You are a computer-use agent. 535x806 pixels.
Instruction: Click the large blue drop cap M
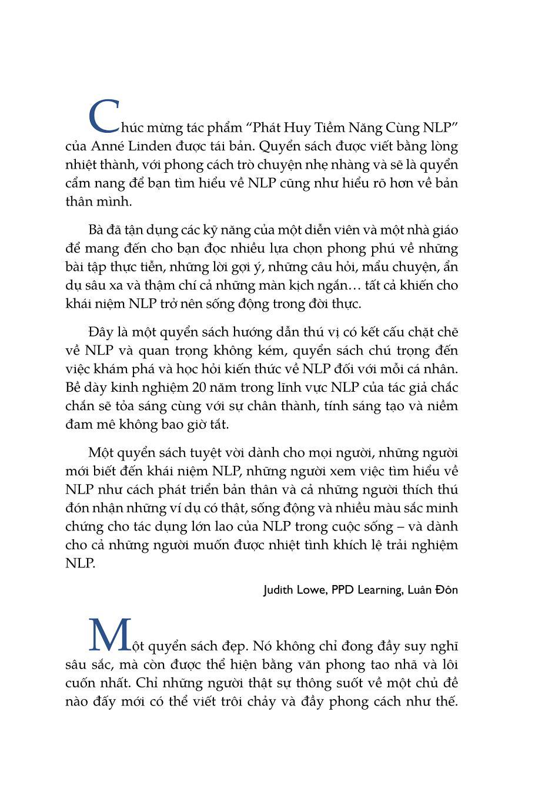(109, 635)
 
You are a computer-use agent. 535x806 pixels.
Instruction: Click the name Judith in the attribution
(280, 590)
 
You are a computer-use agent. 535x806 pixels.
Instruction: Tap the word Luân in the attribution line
(422, 590)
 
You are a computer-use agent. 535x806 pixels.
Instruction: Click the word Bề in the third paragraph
(73, 388)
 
